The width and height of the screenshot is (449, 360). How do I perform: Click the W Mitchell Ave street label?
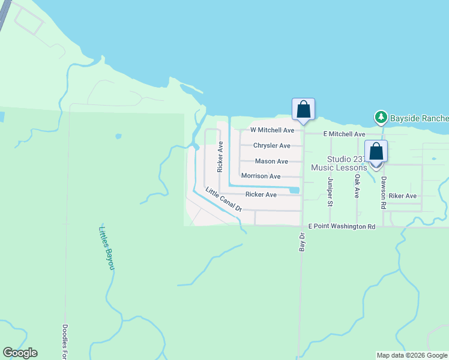coord(272,130)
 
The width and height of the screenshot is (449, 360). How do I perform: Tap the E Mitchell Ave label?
coord(344,134)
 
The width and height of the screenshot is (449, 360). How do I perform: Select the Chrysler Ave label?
coord(271,146)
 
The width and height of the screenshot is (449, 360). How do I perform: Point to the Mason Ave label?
coord(271,161)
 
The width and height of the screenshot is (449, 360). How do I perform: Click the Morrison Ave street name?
coord(261,176)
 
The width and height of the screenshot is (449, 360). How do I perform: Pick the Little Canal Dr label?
coord(223,200)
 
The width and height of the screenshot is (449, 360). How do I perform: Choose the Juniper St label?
coord(330,191)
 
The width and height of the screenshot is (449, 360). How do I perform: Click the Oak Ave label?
coord(357,186)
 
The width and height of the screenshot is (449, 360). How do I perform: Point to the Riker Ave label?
coord(402,196)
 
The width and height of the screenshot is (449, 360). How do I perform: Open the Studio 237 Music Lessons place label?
coord(339,163)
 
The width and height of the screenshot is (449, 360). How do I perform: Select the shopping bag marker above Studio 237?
coord(376,151)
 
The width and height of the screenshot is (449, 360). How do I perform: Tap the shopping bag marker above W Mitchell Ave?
coord(303,110)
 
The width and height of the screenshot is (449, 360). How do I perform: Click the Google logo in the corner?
coord(20,353)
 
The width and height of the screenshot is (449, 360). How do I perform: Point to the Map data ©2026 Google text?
coord(412,355)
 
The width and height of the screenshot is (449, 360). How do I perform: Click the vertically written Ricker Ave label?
coord(220,157)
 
